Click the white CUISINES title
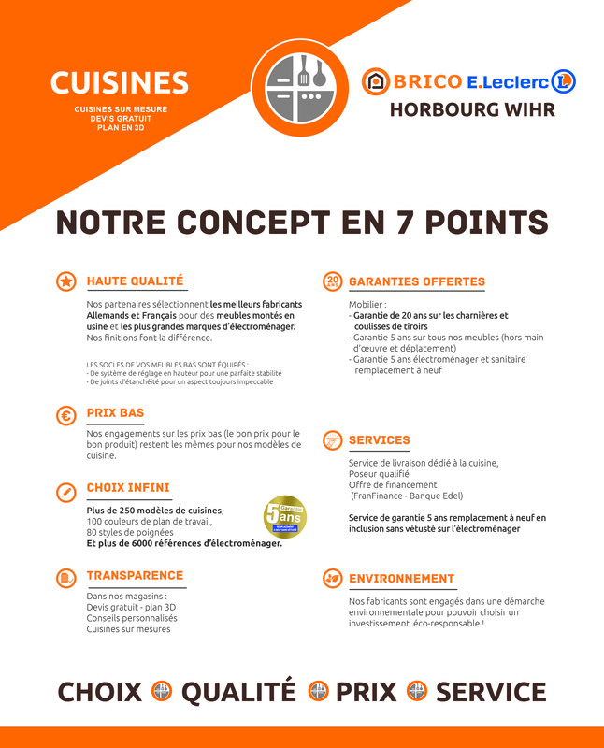(x=119, y=83)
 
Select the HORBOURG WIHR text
(x=472, y=109)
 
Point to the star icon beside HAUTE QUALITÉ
(x=66, y=281)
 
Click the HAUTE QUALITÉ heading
(x=135, y=280)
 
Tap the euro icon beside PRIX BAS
(x=66, y=416)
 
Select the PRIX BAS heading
(x=115, y=412)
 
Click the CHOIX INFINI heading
(x=128, y=487)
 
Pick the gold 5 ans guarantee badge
(x=284, y=517)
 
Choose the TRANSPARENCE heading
(x=135, y=575)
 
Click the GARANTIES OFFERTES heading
(x=417, y=281)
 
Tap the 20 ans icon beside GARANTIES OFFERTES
(x=332, y=281)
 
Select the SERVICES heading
(x=379, y=439)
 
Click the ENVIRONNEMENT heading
(x=401, y=579)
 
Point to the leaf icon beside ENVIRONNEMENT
(x=332, y=579)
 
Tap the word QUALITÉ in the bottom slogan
(x=238, y=692)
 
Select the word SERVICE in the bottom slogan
(x=491, y=692)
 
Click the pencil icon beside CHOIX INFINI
(x=66, y=492)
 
